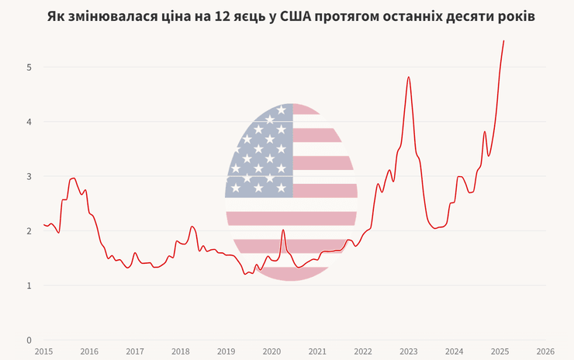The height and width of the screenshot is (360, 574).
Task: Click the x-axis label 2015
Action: click(x=43, y=351)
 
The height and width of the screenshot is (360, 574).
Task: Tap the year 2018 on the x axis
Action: click(x=181, y=351)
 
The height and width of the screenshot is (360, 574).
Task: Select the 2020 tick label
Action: click(x=271, y=351)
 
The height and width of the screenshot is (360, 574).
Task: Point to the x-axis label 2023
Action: click(x=409, y=351)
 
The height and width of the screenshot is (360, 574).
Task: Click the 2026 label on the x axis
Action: click(x=545, y=351)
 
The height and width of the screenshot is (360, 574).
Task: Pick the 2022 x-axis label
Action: click(x=363, y=351)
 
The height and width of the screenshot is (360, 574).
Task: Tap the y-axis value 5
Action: click(x=29, y=67)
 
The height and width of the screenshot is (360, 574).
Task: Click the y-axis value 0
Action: click(x=29, y=340)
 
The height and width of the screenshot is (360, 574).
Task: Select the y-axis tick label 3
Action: click(x=29, y=176)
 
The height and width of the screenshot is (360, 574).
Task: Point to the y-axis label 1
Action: click(x=29, y=286)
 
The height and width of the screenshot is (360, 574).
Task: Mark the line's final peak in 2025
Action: click(x=503, y=41)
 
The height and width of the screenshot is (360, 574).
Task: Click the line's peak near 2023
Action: click(x=408, y=77)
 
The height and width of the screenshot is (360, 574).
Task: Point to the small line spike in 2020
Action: click(x=283, y=230)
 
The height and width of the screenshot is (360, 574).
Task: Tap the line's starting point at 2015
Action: click(x=43, y=225)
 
